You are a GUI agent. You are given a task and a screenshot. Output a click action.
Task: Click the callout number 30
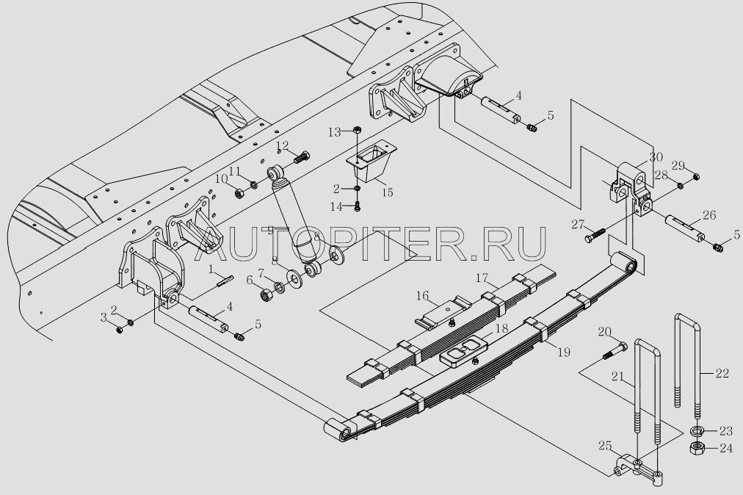click(x=656, y=156)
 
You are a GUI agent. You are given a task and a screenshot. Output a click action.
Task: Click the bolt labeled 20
click(x=613, y=353)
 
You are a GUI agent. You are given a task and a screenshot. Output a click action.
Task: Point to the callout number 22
click(x=722, y=374)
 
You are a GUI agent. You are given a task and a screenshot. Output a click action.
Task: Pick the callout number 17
click(x=482, y=278)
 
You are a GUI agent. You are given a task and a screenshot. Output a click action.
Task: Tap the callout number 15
click(x=387, y=192)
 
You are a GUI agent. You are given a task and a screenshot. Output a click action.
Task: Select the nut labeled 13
click(x=356, y=130)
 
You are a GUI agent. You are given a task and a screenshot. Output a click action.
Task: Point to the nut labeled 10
click(x=239, y=193)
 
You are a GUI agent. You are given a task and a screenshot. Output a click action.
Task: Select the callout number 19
click(x=563, y=353)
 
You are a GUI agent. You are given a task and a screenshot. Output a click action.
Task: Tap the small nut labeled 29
click(x=696, y=175)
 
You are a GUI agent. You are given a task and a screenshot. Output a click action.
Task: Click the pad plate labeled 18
click(x=465, y=351)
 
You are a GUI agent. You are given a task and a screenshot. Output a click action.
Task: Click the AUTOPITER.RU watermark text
click(x=373, y=243)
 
